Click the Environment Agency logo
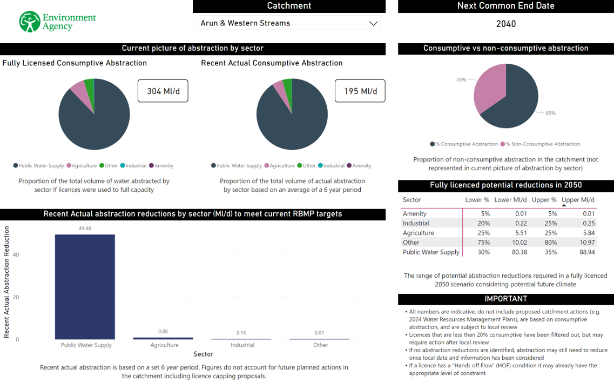click(x=57, y=22)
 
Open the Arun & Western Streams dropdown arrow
click(x=373, y=23)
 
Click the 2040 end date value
click(x=506, y=24)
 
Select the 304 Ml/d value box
click(x=163, y=91)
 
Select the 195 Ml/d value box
click(x=360, y=91)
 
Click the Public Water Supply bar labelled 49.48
click(x=85, y=286)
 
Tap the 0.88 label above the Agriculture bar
click(x=163, y=331)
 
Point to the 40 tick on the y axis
click(x=16, y=254)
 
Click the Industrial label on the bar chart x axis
click(x=242, y=345)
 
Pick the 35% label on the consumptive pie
click(x=461, y=79)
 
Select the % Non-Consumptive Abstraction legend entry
click(x=542, y=144)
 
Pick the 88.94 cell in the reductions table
click(x=586, y=252)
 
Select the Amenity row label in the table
click(x=415, y=213)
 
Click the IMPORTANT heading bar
click(x=505, y=299)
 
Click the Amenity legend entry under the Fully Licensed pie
click(x=163, y=166)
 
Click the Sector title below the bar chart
click(x=203, y=354)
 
